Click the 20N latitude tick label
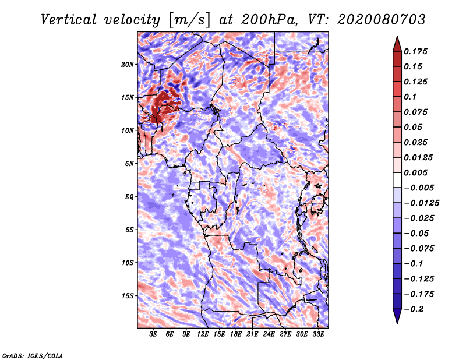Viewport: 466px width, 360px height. point(128,64)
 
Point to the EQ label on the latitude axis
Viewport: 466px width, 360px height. point(129,196)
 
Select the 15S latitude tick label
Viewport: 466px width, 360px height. point(128,295)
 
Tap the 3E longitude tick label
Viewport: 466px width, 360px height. point(154,335)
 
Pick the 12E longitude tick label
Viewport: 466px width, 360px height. point(203,335)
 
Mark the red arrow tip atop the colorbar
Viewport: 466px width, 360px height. point(397,39)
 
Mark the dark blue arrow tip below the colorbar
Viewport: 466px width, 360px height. point(397,321)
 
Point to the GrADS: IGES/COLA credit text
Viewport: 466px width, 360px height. point(32,355)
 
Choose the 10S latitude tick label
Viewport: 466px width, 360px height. point(128,263)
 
